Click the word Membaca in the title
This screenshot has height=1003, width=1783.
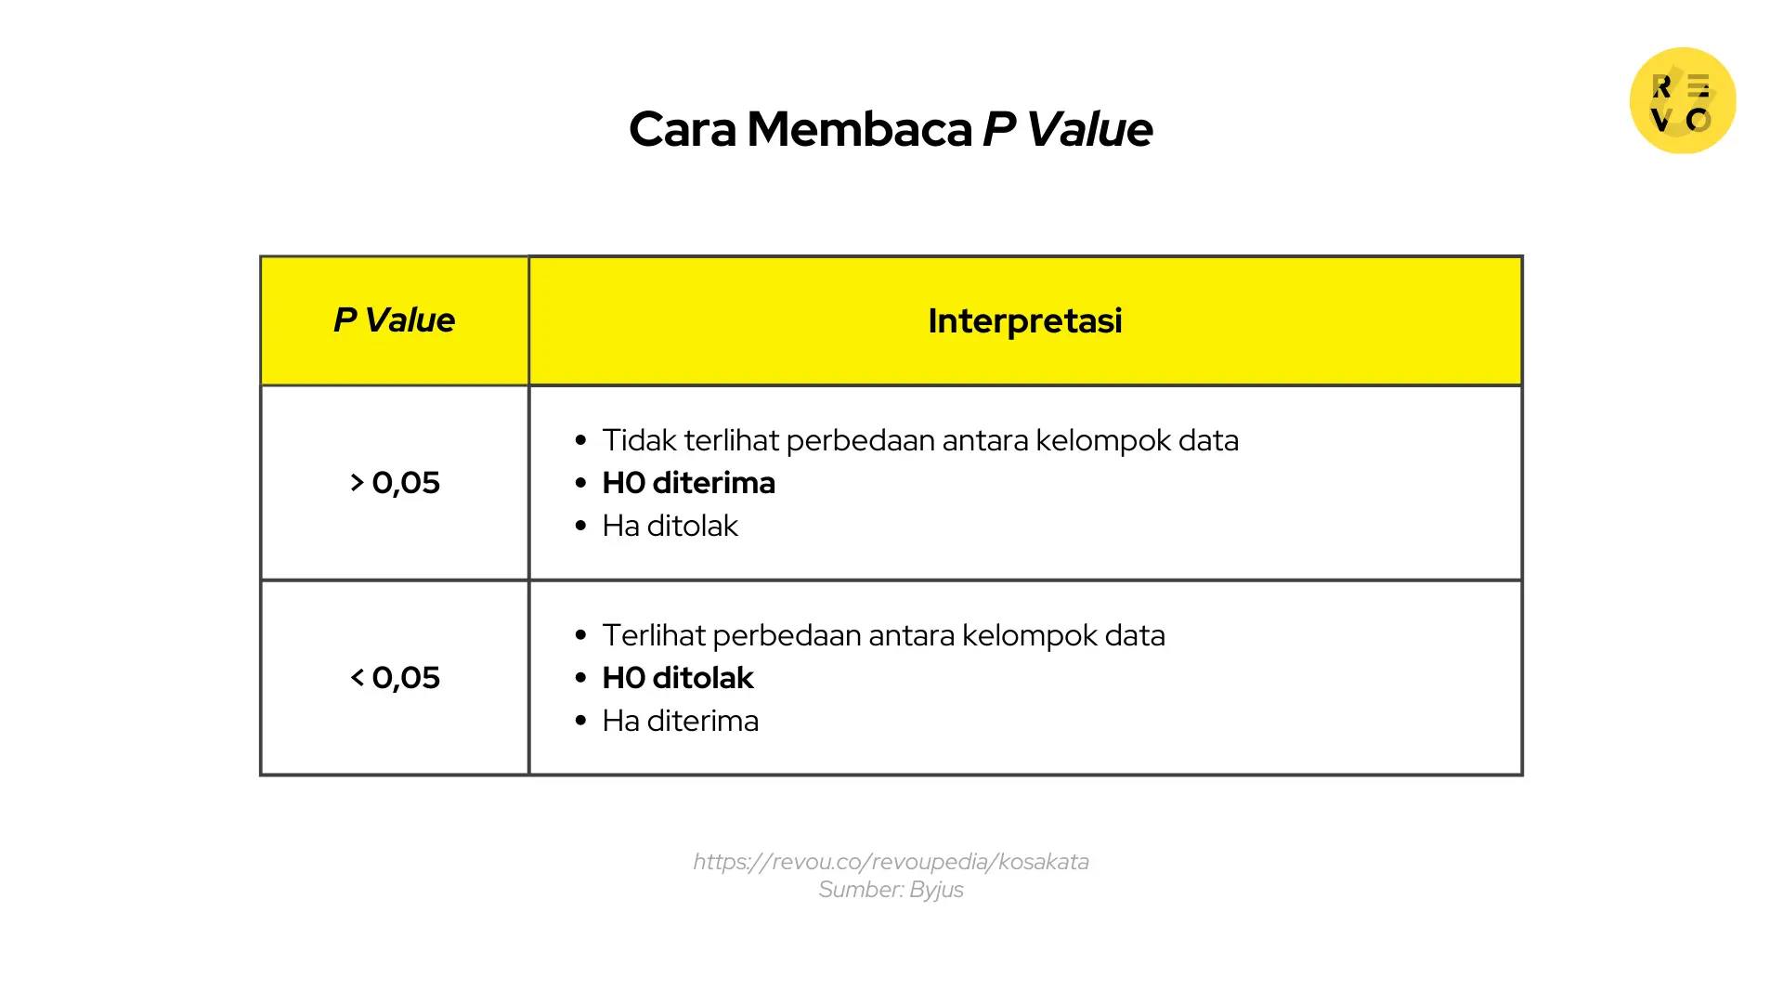859,129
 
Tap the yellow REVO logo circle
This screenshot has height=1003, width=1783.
1682,100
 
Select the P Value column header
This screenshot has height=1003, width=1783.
395,320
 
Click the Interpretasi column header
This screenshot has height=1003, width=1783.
1024,320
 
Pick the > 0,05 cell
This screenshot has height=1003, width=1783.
395,483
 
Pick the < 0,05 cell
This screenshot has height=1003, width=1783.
395,678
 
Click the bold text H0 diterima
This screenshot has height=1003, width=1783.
688,483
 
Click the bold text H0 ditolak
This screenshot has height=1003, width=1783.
678,678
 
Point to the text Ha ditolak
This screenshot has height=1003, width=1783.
670,526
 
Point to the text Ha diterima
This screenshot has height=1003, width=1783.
680,721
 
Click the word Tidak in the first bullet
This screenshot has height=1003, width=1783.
639,440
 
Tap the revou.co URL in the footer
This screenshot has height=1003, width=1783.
891,862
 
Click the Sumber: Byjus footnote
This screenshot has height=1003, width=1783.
891,890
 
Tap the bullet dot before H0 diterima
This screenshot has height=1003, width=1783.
581,483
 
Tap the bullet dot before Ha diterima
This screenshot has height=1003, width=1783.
581,721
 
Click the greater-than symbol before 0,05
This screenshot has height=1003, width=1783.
357,483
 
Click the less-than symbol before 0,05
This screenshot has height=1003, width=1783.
357,678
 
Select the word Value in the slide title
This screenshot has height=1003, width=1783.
1089,129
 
